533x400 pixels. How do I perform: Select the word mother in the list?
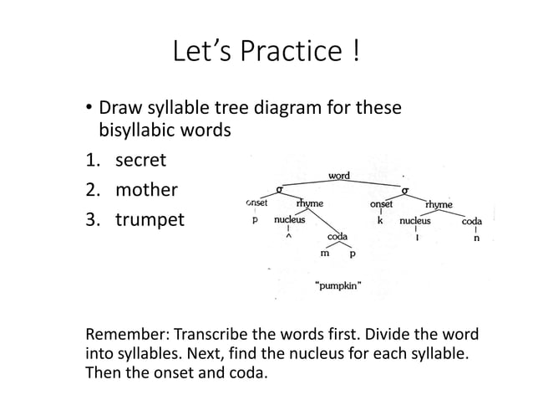(x=146, y=189)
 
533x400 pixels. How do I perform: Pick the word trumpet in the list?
(x=150, y=221)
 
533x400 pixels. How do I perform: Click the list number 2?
(x=94, y=189)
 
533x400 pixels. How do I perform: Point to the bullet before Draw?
(x=90, y=110)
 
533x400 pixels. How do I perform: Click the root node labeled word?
(x=338, y=176)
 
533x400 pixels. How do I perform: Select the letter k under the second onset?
(x=380, y=222)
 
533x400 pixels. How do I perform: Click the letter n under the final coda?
(x=476, y=238)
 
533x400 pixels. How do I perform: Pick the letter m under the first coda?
(x=324, y=252)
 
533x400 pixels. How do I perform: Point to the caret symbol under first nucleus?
(x=289, y=237)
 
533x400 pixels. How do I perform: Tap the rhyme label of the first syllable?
(x=310, y=203)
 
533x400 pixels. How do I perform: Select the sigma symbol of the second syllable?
(x=404, y=189)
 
